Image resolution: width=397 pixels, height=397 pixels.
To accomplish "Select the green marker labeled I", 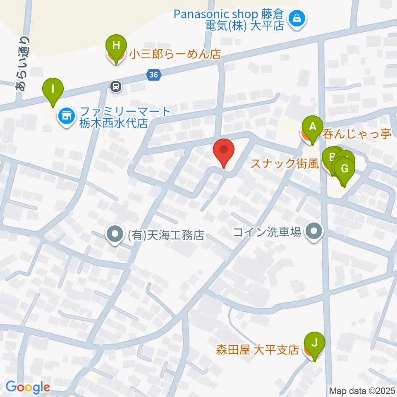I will click(53, 89).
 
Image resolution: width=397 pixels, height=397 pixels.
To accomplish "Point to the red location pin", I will click(224, 150).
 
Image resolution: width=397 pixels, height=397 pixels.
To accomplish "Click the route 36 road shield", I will click(153, 75).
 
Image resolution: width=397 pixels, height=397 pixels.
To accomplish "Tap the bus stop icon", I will click(116, 86).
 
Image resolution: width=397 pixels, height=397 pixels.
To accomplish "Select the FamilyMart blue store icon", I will click(66, 116).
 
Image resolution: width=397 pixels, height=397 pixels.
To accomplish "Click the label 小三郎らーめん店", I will click(175, 54).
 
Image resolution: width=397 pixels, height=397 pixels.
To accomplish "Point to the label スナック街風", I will click(285, 164).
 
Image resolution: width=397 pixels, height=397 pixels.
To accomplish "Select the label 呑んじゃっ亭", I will click(356, 134).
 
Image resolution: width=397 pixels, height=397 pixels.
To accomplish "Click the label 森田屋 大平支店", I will click(257, 350).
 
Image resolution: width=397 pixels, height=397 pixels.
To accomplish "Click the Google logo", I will click(28, 387).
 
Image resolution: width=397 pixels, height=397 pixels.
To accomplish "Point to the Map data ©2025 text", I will click(362, 390).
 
